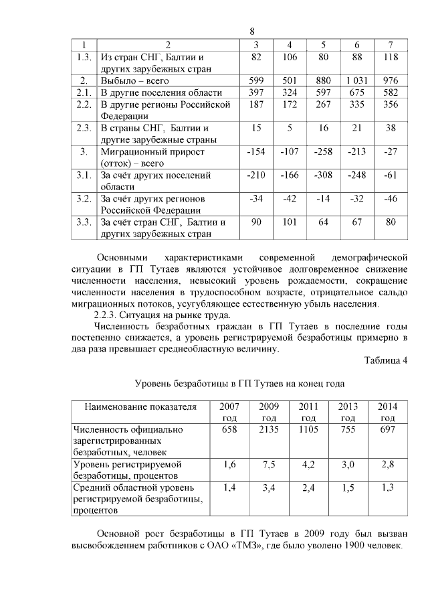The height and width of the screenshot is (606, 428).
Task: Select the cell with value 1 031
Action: click(x=357, y=80)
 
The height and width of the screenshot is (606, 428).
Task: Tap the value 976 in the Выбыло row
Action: click(x=390, y=80)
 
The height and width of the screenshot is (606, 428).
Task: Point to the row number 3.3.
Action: click(x=84, y=222)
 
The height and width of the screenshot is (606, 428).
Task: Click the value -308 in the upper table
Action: click(x=324, y=175)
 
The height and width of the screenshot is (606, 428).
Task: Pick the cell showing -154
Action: click(x=256, y=152)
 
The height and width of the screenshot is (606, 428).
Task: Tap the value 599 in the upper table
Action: click(x=256, y=80)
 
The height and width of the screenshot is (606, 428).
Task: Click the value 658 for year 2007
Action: click(x=229, y=429)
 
